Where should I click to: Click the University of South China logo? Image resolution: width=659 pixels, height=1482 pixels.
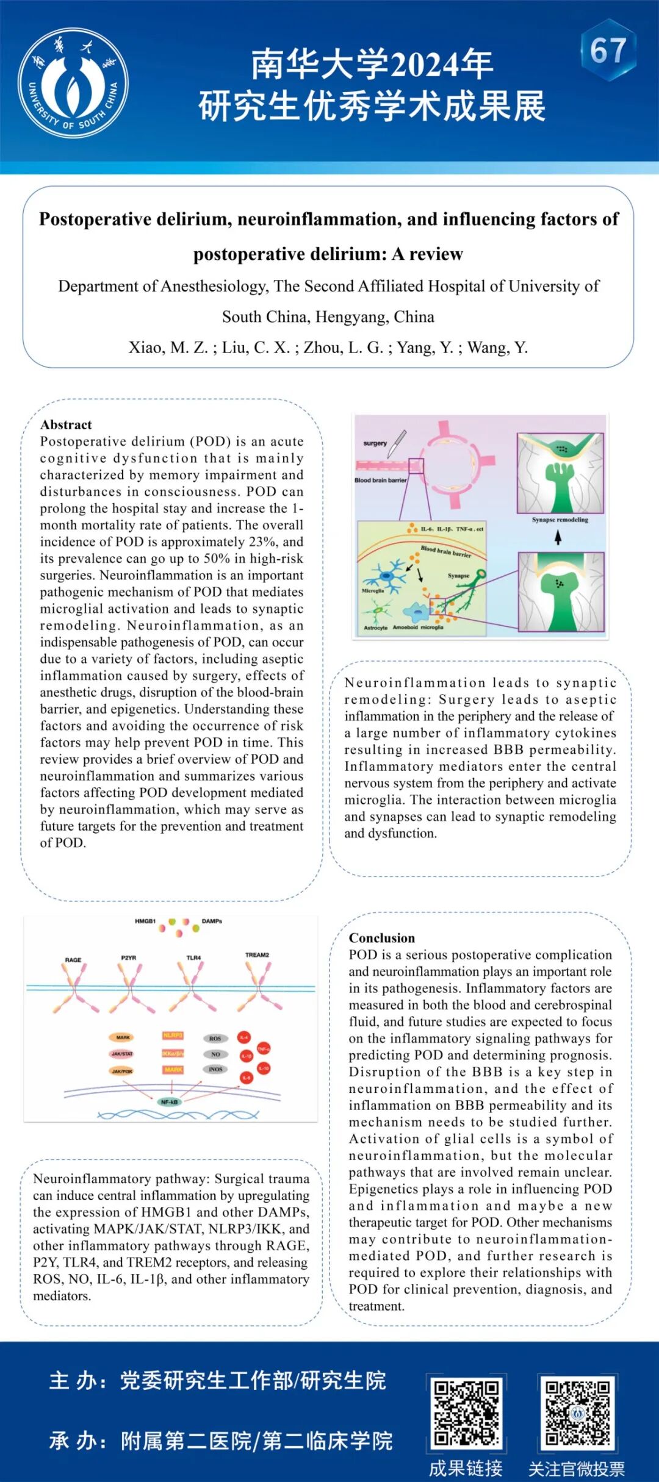[x=73, y=82]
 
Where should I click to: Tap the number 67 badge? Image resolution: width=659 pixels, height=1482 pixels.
[x=608, y=51]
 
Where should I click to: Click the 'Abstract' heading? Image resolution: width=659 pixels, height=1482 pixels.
[x=66, y=424]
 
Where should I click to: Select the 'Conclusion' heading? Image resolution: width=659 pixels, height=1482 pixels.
[x=381, y=938]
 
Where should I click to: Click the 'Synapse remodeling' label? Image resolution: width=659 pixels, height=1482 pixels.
[x=560, y=520]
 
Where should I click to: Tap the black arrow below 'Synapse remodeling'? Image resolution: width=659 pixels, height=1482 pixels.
[x=558, y=537]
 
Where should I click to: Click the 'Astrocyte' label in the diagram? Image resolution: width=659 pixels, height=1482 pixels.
[x=375, y=628]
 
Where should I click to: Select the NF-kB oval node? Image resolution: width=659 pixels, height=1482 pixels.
[x=169, y=1102]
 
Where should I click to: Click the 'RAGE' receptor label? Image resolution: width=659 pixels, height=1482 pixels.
[x=73, y=960]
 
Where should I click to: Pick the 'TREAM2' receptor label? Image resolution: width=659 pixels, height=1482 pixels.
[x=257, y=955]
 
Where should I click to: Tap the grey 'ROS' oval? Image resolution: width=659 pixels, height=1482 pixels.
[x=215, y=1039]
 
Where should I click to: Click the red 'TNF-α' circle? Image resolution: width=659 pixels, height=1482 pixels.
[x=264, y=1049]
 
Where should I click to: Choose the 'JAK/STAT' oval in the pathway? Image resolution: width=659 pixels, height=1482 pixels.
[x=123, y=1054]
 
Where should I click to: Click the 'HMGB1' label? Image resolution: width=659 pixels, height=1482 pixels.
[x=145, y=921]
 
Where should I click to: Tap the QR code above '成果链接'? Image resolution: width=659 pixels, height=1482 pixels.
[x=466, y=1413]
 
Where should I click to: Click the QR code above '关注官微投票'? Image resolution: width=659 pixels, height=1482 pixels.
[x=577, y=1413]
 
